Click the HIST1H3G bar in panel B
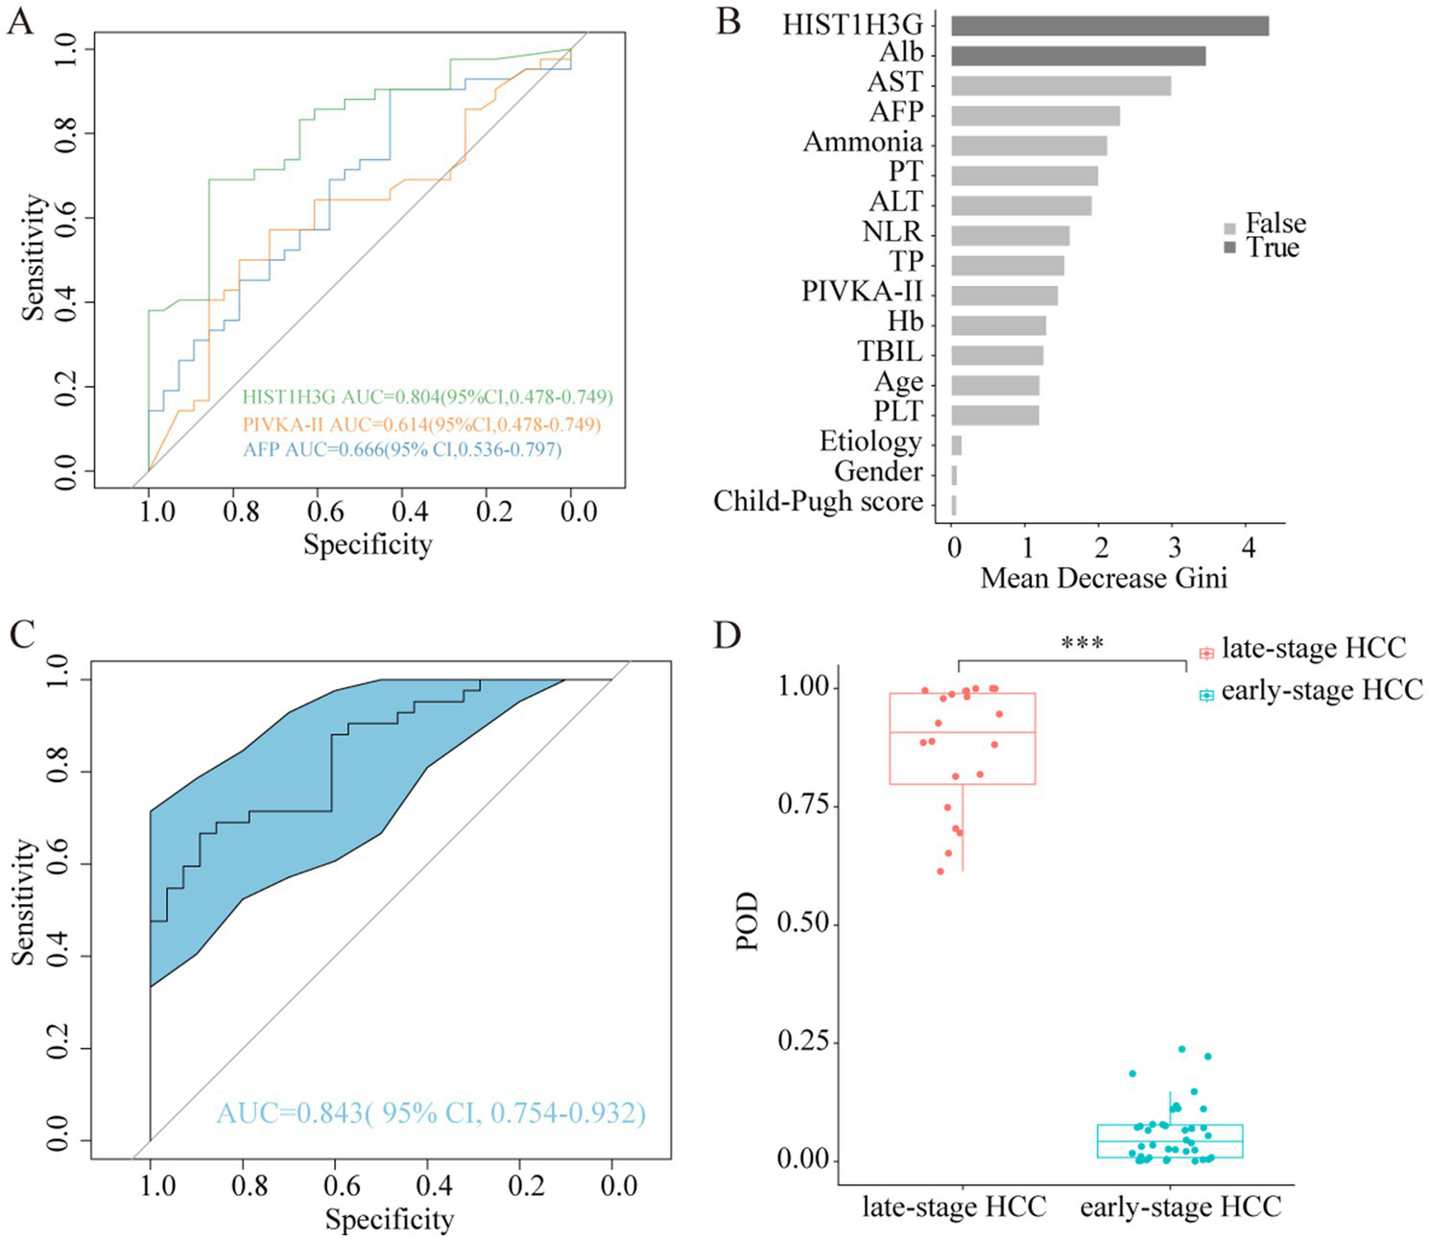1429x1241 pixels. pos(1109,26)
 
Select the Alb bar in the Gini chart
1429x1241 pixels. pos(1078,56)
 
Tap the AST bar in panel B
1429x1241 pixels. pos(1060,85)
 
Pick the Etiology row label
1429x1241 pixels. pos(869,442)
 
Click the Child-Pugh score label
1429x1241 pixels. pos(818,501)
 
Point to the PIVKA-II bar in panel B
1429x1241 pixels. pos(1004,296)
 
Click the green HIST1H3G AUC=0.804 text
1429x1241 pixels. pos(427,397)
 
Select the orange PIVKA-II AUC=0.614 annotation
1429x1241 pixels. pos(421,424)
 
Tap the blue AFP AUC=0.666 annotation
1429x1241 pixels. pos(402,449)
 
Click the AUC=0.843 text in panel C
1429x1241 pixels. pos(431,1113)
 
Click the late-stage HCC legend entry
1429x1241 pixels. pos(1302,650)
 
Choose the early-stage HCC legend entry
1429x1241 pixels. pos(1311,692)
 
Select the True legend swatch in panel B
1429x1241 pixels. pos(1230,248)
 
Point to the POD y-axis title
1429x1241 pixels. pos(748,921)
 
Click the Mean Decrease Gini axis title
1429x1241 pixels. pos(1104,578)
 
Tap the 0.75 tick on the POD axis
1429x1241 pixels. pos(802,805)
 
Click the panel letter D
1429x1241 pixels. pos(727,635)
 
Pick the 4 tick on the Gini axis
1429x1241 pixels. pos(1248,547)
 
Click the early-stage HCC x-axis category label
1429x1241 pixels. pos(1180,1206)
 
